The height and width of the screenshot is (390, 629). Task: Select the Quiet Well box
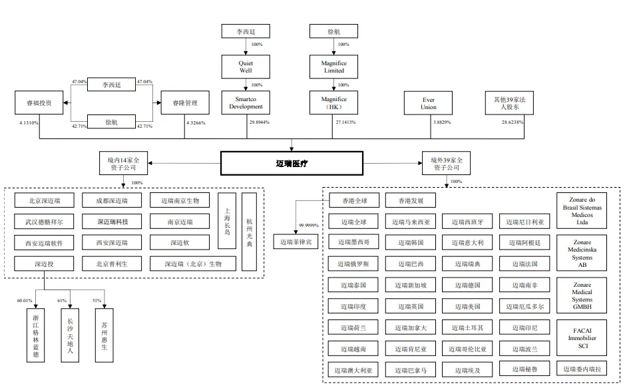click(x=246, y=67)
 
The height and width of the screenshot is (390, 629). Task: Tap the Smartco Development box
click(x=246, y=103)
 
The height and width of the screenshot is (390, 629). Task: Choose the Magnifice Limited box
click(x=334, y=67)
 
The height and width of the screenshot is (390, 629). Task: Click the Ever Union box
click(x=429, y=103)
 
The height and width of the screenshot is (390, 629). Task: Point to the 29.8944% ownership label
click(x=260, y=123)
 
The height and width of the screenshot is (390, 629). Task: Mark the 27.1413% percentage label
click(x=346, y=123)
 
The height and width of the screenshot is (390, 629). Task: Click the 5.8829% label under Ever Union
click(x=441, y=123)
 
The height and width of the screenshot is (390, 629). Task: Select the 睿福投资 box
click(x=39, y=103)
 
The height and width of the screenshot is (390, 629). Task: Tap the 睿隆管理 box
click(x=185, y=103)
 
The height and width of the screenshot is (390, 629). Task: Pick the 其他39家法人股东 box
click(x=509, y=103)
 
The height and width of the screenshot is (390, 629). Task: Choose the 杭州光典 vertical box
click(x=249, y=231)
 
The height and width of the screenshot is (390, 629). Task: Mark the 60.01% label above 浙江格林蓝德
click(x=25, y=301)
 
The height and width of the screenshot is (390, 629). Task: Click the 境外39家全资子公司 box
click(x=446, y=160)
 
